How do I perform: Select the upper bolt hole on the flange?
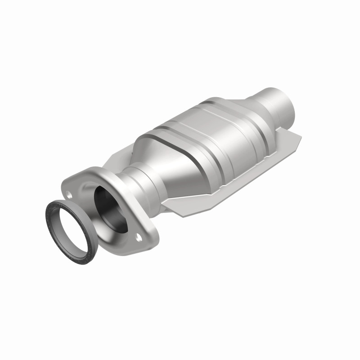(x=70, y=195)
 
